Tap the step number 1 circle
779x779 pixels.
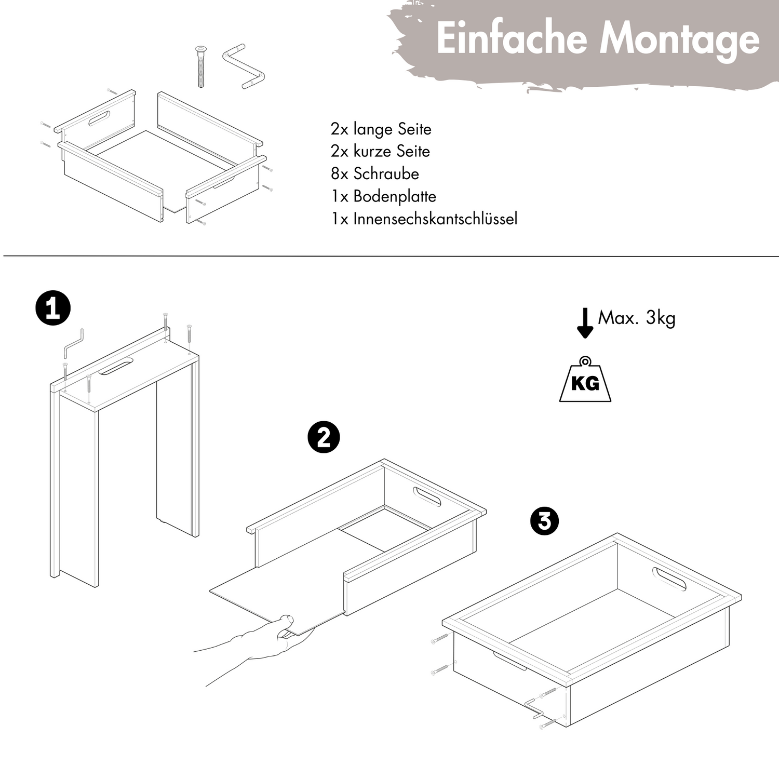pos(52,308)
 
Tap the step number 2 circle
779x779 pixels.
pos(324,437)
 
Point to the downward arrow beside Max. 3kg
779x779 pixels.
pos(585,323)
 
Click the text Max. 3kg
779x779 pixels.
pos(637,318)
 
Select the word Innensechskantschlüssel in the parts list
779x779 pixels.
pos(435,219)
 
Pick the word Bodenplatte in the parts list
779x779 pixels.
pos(395,196)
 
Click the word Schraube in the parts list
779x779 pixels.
pos(386,173)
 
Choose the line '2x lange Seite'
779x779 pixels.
pos(381,129)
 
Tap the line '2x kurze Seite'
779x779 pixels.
pos(380,151)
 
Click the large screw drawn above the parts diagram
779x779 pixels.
pos(200,66)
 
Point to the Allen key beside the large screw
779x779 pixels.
pos(244,67)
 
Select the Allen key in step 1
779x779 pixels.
pos(73,344)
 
